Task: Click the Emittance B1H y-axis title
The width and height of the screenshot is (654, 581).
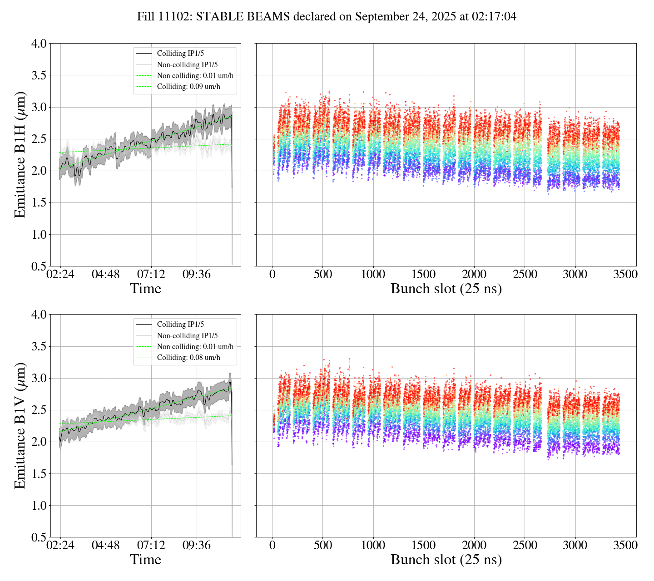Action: point(20,155)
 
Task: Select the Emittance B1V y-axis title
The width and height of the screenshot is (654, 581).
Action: point(20,426)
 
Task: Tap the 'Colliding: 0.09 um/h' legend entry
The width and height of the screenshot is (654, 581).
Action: point(188,87)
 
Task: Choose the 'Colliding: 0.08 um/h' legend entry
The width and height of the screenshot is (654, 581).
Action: point(188,358)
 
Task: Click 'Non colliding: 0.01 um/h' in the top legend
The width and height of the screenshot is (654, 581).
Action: point(195,76)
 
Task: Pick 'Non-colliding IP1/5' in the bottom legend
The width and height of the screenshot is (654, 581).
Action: point(187,335)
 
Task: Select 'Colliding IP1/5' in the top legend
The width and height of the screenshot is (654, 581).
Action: point(180,54)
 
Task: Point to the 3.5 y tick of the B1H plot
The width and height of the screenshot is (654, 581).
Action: point(39,75)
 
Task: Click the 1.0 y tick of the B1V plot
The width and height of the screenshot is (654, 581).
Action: point(39,506)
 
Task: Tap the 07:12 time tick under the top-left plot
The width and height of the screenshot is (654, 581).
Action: point(151,275)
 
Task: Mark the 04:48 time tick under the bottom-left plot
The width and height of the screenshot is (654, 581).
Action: point(106,545)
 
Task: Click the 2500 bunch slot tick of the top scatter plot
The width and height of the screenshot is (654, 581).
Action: point(525,275)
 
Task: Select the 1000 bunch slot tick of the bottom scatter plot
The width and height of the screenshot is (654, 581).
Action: point(373,545)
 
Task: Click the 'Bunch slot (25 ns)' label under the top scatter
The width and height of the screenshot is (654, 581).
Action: point(446,289)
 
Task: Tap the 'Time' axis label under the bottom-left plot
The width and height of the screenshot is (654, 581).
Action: point(145,560)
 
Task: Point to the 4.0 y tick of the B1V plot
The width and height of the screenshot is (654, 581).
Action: point(39,315)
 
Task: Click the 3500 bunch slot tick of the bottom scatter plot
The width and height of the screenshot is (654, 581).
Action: point(625,545)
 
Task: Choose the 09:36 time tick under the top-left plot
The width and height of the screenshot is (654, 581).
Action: point(197,275)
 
